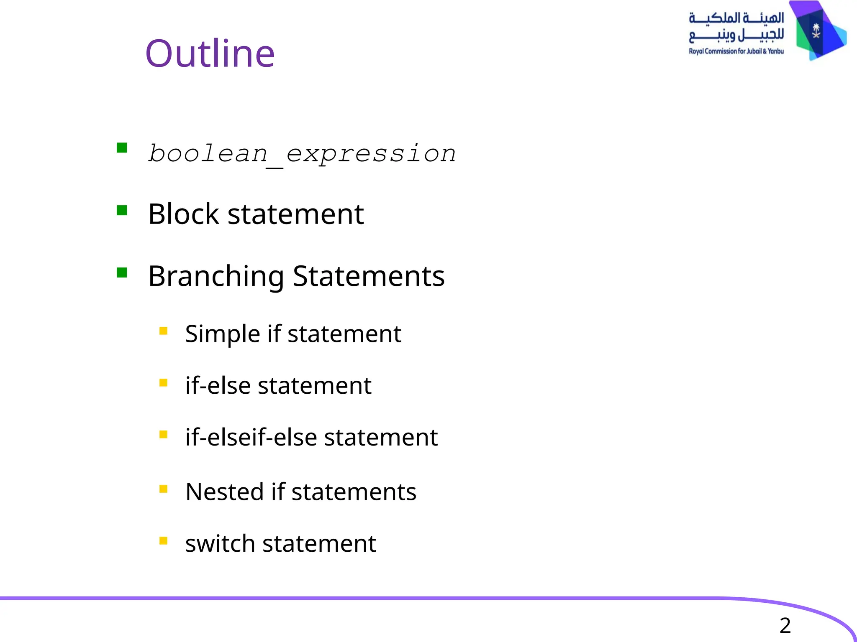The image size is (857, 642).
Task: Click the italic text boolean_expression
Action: (302, 153)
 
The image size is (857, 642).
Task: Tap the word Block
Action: (183, 214)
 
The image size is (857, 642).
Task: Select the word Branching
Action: (216, 277)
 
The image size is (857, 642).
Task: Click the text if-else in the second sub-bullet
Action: (218, 385)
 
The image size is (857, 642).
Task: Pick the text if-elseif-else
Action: (251, 438)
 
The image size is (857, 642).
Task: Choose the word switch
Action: (220, 544)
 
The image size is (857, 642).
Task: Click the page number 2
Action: (785, 626)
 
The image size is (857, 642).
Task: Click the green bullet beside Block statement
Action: (122, 210)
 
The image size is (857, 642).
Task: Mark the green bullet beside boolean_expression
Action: (122, 148)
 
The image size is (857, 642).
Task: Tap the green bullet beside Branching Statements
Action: (122, 273)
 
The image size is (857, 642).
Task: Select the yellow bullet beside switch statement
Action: (163, 541)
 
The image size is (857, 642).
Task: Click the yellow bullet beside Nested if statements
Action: (163, 489)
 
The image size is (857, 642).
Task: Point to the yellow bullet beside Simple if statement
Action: (163, 331)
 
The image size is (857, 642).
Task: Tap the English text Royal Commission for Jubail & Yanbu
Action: (736, 51)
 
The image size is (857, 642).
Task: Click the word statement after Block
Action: (295, 214)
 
